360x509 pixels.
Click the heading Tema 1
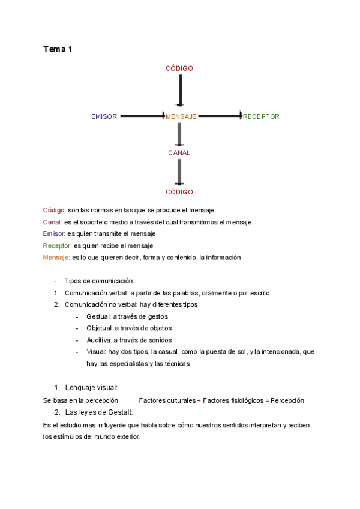tap(58, 49)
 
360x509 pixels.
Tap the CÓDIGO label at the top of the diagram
tap(179, 68)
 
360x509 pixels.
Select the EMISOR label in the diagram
tap(104, 116)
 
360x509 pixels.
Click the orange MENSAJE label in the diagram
tap(181, 116)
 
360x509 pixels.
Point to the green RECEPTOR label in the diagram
tap(262, 116)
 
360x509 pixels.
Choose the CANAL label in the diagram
tap(179, 153)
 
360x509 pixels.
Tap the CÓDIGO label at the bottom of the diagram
tap(179, 192)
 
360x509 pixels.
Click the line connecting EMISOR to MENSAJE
tap(142, 116)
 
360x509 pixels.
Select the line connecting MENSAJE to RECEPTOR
tap(220, 116)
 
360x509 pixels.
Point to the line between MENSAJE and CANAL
tap(179, 134)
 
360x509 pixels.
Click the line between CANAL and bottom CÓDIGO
tap(179, 172)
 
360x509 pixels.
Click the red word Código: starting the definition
tap(55, 210)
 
